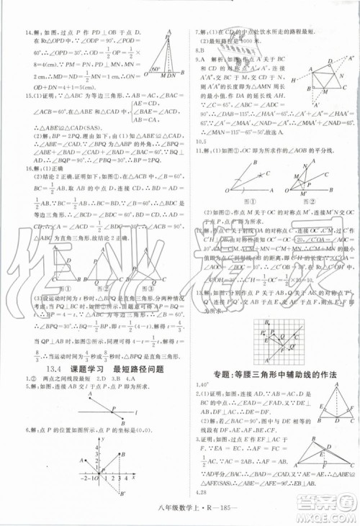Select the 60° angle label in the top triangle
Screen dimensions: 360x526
tap(154, 71)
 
